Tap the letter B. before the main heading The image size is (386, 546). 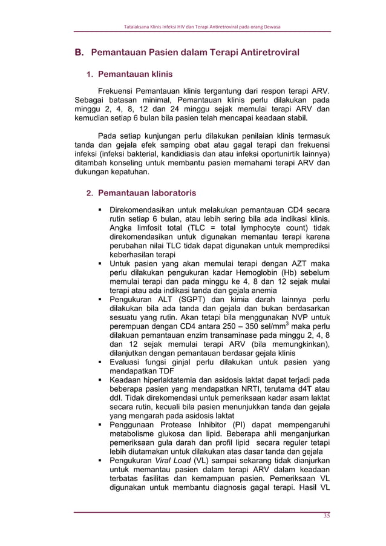pos(79,53)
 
